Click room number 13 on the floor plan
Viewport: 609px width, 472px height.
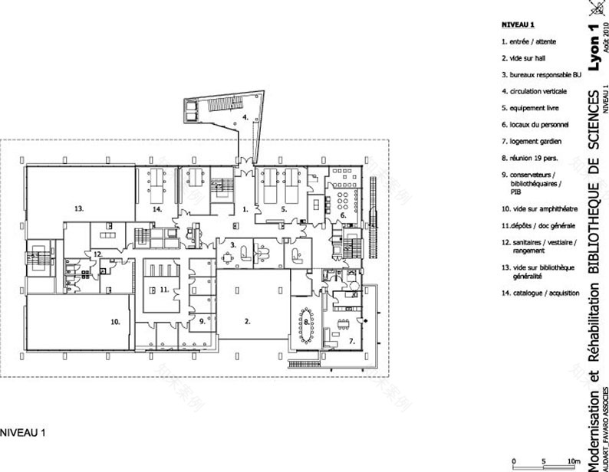click(78, 208)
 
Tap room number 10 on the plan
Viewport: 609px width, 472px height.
click(115, 323)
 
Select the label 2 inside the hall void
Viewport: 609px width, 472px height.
click(248, 323)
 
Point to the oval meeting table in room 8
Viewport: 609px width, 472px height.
click(306, 323)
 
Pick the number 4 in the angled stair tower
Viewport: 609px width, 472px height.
click(245, 118)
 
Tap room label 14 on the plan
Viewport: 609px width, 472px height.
click(156, 208)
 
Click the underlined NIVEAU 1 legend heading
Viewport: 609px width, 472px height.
click(517, 23)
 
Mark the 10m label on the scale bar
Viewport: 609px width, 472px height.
click(569, 461)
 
